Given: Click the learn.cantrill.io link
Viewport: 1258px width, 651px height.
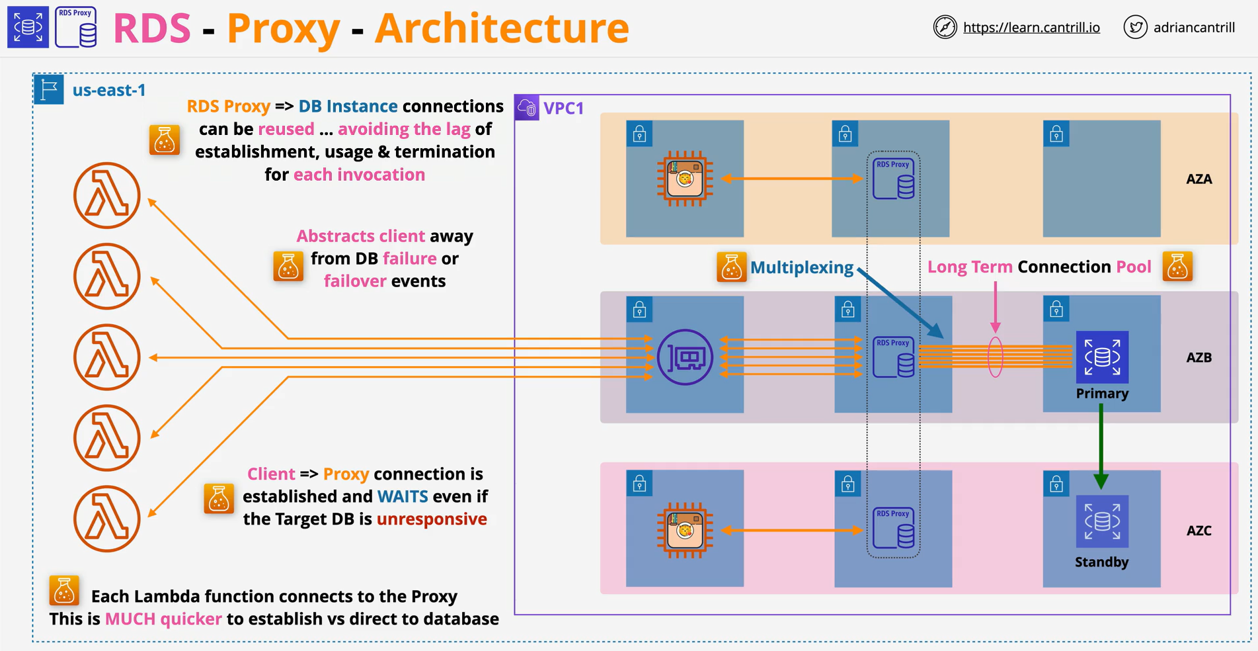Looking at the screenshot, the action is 1031,27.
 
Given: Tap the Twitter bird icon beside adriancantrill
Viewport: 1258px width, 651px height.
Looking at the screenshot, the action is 1135,27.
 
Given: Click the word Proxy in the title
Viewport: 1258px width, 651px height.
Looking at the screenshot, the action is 284,28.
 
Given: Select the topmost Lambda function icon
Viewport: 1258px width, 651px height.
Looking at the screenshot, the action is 107,195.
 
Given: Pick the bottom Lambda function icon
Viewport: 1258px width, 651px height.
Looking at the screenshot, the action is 107,519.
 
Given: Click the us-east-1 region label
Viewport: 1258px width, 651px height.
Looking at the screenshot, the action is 109,90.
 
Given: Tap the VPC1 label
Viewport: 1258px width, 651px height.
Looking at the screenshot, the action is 563,108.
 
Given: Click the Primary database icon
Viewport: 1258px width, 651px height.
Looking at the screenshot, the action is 1102,357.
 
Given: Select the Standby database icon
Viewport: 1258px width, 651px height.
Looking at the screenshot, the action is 1102,521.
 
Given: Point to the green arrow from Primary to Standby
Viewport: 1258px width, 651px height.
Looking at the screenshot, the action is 1101,447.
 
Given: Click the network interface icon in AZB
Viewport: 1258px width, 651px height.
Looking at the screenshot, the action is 686,357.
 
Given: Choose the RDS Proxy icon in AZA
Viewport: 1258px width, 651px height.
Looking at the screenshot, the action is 893,179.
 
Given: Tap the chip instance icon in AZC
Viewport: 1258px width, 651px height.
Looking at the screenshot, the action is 685,530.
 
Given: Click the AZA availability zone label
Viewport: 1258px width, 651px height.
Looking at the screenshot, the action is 1199,179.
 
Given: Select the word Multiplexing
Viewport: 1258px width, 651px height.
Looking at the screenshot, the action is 802,267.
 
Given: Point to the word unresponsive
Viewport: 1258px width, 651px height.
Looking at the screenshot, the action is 432,519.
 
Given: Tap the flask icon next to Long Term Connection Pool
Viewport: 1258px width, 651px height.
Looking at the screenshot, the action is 1177,266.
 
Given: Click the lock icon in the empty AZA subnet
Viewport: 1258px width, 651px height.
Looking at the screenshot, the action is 1056,134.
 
